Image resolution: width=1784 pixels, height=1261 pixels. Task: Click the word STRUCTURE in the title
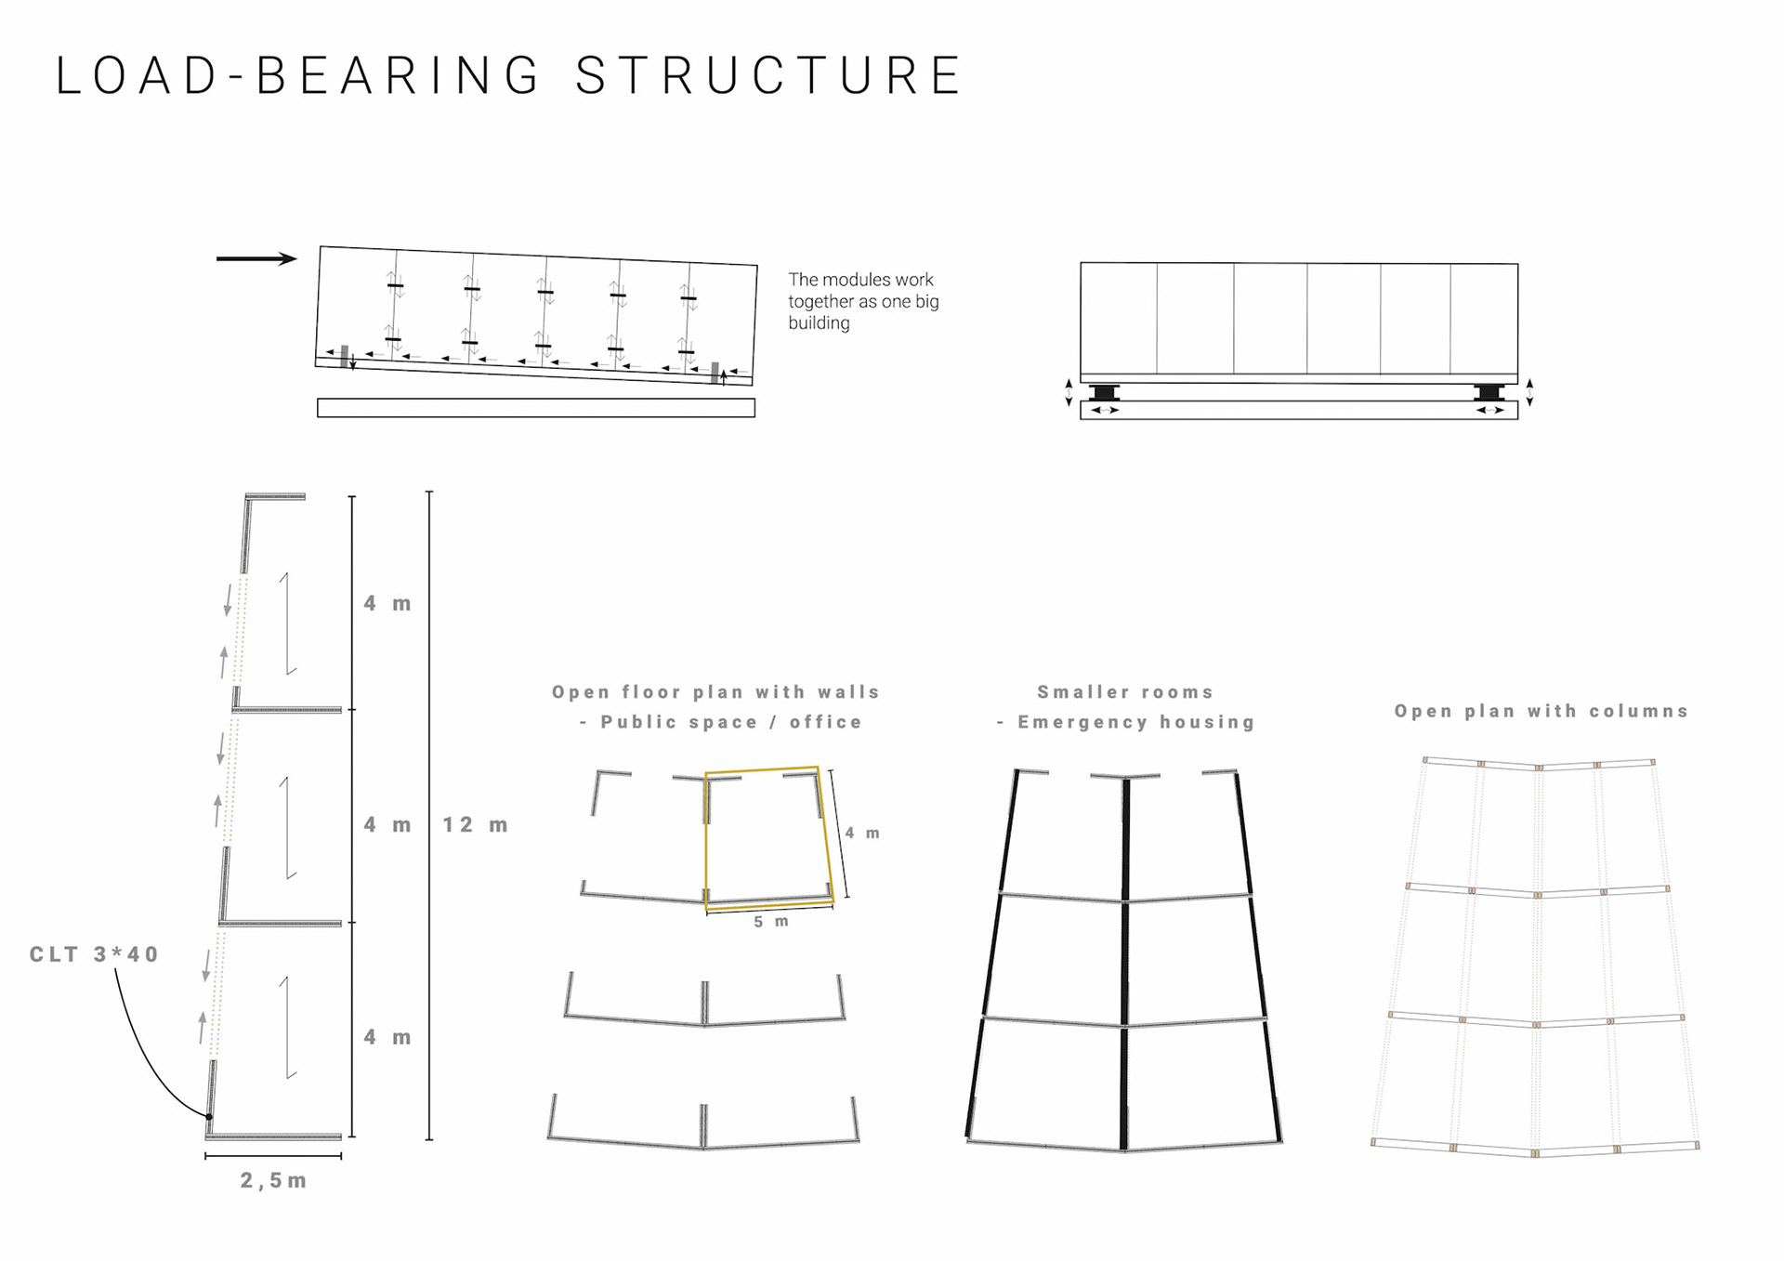768,76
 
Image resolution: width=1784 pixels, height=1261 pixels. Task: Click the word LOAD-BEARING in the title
298,76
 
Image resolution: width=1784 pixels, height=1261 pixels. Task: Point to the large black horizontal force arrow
256,258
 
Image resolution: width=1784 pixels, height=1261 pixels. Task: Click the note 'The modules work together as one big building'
863,301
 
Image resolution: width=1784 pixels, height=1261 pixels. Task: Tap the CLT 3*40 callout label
94,954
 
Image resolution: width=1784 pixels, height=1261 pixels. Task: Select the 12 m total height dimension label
475,825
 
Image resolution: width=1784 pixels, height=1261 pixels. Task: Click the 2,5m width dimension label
273,1180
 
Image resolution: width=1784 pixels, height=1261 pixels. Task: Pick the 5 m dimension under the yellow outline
771,922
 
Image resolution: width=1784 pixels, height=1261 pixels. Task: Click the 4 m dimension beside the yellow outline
862,834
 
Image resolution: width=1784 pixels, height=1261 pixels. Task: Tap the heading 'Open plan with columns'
1541,711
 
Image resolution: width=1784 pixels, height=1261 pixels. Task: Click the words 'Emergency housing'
1135,722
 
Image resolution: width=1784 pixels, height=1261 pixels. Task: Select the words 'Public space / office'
730,722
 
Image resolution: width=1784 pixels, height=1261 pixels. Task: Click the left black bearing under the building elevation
1104,392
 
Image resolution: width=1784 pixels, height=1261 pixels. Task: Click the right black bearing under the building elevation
1489,392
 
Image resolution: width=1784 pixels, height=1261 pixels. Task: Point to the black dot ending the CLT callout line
209,1116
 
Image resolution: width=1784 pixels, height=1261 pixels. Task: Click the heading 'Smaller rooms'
1125,692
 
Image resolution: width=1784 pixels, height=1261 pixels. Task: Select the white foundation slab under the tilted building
536,408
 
